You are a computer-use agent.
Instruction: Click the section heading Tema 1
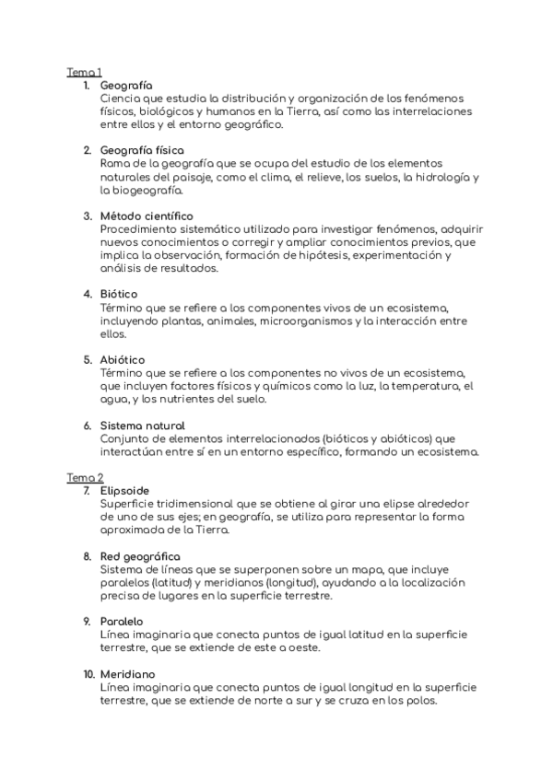coord(84,72)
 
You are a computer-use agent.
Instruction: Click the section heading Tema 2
coord(84,478)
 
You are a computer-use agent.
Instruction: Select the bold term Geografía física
coord(142,149)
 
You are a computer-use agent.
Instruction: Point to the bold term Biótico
coord(118,294)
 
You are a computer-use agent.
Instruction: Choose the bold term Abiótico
coord(123,359)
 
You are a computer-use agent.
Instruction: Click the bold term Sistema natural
coord(142,425)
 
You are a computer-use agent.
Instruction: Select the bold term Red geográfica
coord(140,556)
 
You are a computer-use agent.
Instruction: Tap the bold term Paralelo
coord(122,622)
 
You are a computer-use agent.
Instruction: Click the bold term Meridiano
coord(125,674)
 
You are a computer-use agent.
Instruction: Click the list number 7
coord(86,491)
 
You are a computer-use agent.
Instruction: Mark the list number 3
coord(86,216)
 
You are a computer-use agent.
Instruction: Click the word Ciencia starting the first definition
coord(120,98)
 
